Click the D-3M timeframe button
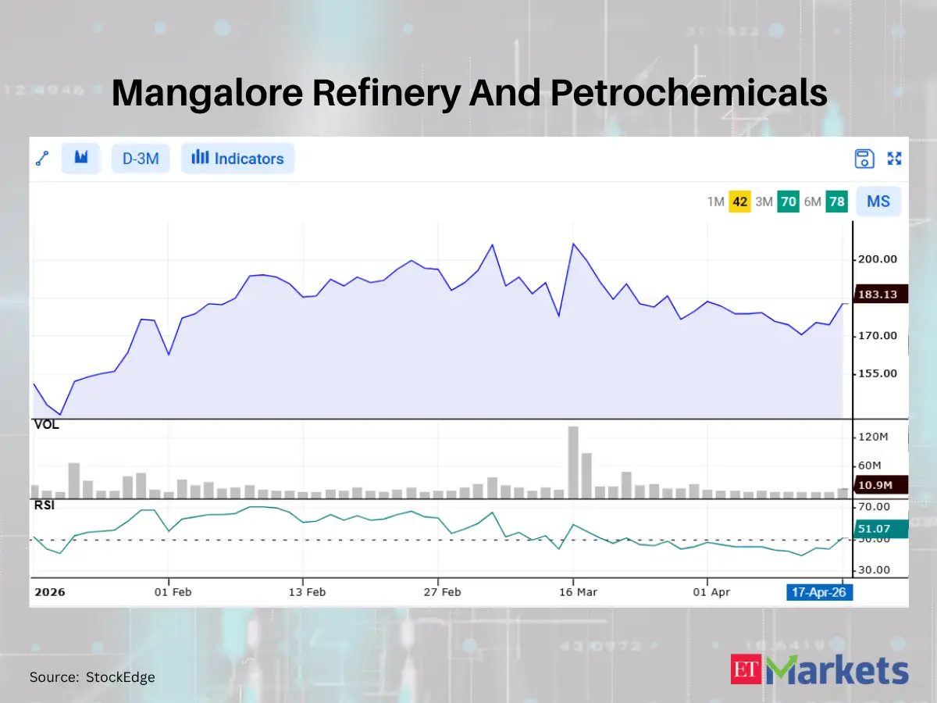[x=141, y=159]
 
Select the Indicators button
[x=237, y=159]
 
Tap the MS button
[x=878, y=202]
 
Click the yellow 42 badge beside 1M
[x=740, y=202]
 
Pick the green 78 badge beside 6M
[x=837, y=202]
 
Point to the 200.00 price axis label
[x=878, y=259]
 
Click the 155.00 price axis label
[x=878, y=373]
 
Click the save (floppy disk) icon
[x=864, y=159]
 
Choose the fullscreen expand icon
[x=895, y=159]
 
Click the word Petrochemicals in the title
[x=689, y=93]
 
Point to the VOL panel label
[x=46, y=426]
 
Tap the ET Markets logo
[x=820, y=671]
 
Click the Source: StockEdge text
[x=92, y=677]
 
